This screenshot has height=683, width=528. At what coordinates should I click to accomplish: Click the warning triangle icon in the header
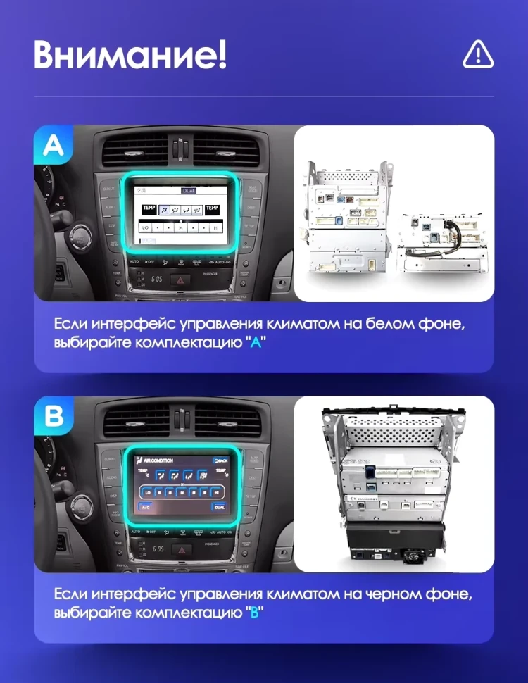(x=478, y=54)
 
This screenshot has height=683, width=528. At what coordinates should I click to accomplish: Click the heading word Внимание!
(x=130, y=55)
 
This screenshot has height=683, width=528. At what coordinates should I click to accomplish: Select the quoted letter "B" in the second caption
(x=255, y=613)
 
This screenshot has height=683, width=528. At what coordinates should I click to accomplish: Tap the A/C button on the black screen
(x=145, y=506)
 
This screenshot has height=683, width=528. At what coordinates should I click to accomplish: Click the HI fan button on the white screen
(x=215, y=228)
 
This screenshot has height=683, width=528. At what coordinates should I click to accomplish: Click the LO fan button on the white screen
(x=146, y=228)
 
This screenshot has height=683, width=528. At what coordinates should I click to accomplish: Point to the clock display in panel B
(x=158, y=549)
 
